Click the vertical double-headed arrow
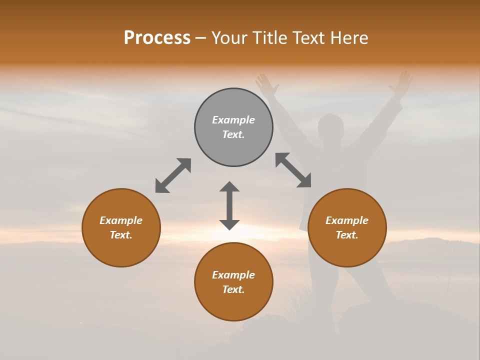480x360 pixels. [x=229, y=205]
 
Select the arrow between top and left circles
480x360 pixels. [x=173, y=175]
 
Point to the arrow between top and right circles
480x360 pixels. [x=293, y=170]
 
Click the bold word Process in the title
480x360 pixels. [x=157, y=38]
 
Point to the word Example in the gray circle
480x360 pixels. [x=233, y=120]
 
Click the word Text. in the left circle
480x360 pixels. [x=121, y=235]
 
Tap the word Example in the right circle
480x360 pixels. [x=347, y=220]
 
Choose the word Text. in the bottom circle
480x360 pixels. [x=233, y=289]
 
